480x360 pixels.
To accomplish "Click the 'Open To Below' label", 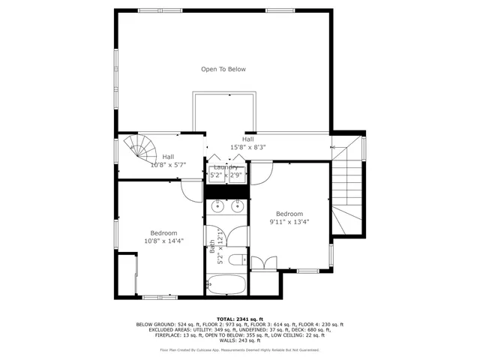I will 223,69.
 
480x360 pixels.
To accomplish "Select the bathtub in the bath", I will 226,285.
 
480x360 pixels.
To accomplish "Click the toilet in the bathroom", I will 235,259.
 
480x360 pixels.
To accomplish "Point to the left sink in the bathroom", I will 216,207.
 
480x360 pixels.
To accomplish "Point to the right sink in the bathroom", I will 238,207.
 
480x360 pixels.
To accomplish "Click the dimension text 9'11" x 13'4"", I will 289,222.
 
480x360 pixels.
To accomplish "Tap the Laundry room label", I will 226,167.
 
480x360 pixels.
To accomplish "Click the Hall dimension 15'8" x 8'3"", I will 247,148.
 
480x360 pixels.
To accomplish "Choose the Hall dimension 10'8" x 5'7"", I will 169,164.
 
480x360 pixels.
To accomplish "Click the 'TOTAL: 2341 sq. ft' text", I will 240,319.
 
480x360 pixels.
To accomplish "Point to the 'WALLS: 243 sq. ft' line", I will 240,340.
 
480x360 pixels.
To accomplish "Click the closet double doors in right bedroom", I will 262,263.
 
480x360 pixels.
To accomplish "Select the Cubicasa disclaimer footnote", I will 240,349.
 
